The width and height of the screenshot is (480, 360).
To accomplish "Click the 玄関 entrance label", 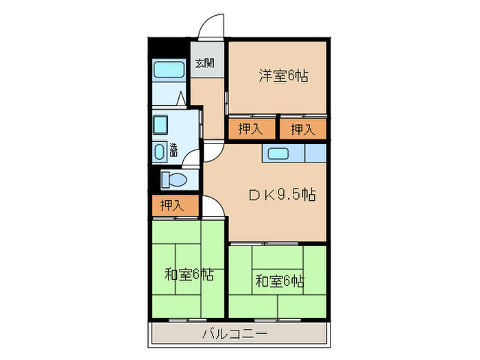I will click(204, 64).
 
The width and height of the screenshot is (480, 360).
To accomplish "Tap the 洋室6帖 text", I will click(283, 75).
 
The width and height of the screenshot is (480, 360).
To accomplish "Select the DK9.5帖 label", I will click(282, 195).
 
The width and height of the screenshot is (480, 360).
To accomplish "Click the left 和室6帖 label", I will click(189, 276).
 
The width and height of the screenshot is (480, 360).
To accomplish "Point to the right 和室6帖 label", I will click(280, 280).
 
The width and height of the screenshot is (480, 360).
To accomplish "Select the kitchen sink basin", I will click(282, 153).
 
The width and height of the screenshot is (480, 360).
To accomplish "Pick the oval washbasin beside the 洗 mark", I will click(160, 152).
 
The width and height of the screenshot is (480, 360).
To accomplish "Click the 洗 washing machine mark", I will click(173, 149).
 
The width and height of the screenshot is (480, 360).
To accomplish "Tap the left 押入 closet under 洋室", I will click(250, 129).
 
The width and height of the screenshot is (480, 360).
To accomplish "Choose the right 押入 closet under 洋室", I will click(302, 129).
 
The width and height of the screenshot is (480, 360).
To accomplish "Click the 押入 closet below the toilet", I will click(172, 204).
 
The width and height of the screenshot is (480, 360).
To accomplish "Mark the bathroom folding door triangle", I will click(180, 99).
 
